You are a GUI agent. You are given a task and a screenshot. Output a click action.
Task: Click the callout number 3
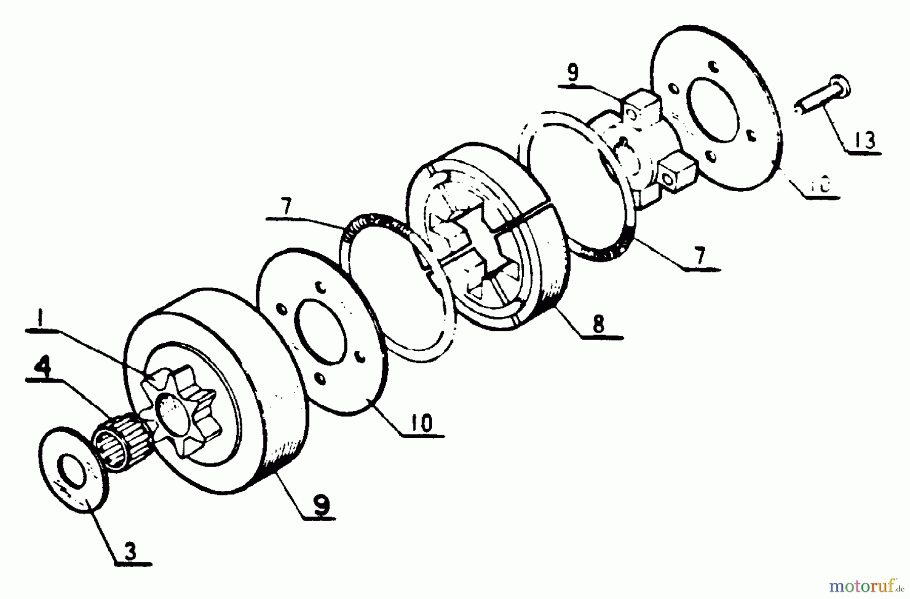[131, 551]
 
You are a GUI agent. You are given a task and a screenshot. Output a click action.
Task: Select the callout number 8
[599, 324]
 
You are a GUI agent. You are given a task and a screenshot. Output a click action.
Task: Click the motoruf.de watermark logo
[865, 587]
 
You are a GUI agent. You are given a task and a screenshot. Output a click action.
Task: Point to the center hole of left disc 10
[323, 338]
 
